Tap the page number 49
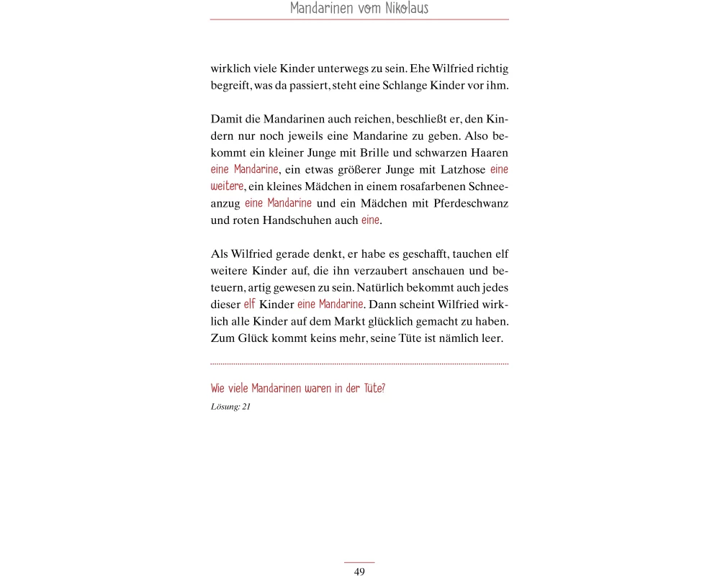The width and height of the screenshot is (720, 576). click(x=359, y=572)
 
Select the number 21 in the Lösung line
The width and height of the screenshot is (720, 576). click(x=246, y=406)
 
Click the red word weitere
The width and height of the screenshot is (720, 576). click(x=227, y=186)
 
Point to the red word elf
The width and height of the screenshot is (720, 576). click(x=249, y=305)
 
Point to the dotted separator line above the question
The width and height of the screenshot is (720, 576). click(x=359, y=364)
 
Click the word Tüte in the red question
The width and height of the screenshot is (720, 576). click(x=374, y=389)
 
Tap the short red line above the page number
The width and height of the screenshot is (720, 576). click(x=359, y=562)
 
